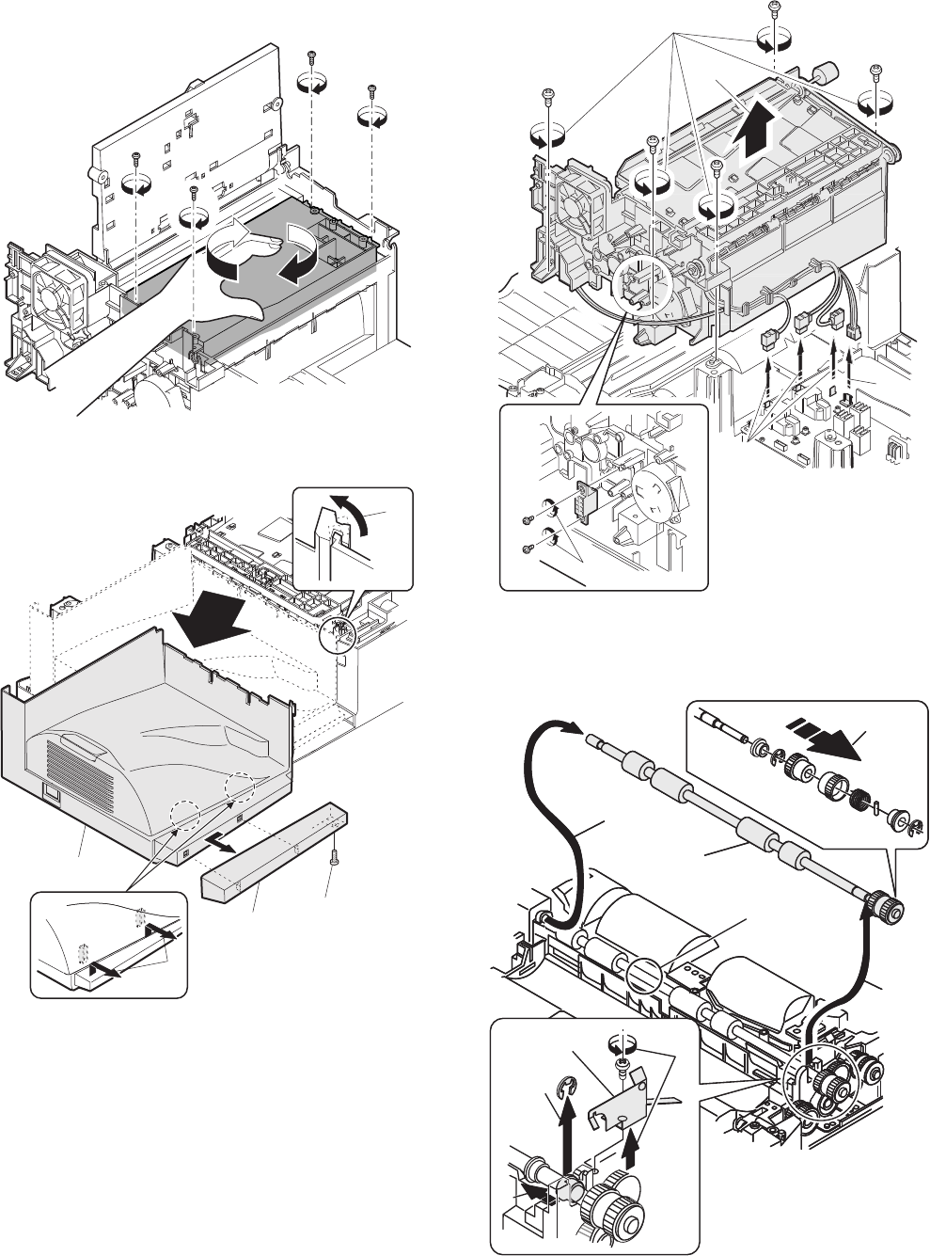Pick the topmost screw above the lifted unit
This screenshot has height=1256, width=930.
772,9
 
